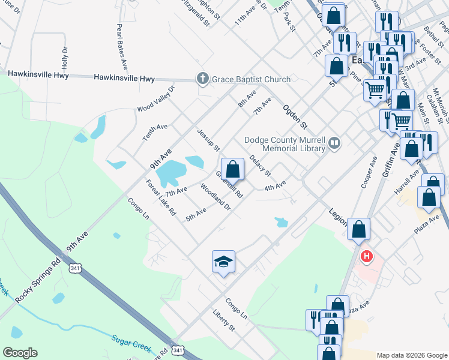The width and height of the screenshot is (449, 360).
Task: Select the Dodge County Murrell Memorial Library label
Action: click(x=285, y=145)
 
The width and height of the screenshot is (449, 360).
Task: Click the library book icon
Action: click(x=335, y=144)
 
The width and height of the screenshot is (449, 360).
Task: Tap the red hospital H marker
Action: click(x=366, y=257)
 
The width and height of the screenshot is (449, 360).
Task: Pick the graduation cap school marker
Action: click(x=223, y=262)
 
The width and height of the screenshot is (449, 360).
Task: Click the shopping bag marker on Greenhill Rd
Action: click(x=232, y=169)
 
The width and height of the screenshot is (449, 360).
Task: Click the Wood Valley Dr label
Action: click(x=155, y=99)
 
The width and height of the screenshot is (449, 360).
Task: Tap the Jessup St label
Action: click(x=208, y=139)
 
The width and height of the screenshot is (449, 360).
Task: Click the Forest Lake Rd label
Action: click(x=161, y=197)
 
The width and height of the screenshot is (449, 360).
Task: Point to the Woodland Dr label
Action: click(x=215, y=197)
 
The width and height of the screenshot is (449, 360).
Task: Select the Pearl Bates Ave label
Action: click(x=122, y=46)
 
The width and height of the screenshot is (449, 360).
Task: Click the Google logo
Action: click(x=20, y=353)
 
